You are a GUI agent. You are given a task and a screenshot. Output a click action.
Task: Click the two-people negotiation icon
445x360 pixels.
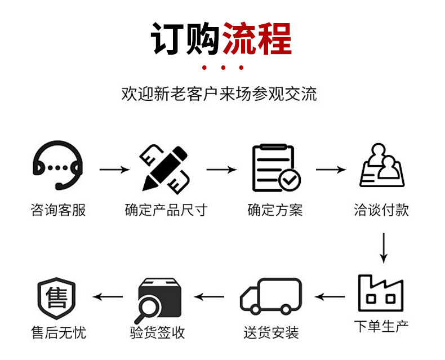pyautogui.click(x=382, y=166)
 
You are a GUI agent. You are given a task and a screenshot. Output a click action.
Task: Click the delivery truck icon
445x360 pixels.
pyautogui.click(x=270, y=296)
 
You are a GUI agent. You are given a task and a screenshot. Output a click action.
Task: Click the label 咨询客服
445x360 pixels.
pyautogui.click(x=58, y=211)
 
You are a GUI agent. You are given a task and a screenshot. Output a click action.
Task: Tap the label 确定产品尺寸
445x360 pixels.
pyautogui.click(x=166, y=211)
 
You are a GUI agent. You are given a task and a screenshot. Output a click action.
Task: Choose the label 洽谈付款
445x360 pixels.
pyautogui.click(x=381, y=211)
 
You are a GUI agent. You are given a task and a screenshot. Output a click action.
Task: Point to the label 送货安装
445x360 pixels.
pyautogui.click(x=271, y=332)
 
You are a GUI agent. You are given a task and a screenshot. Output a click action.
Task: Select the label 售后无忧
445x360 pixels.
pyautogui.click(x=58, y=332)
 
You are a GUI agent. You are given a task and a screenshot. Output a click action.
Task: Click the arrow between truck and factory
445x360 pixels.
pyautogui.click(x=330, y=296)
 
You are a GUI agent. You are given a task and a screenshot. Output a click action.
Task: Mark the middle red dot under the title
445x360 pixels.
pyautogui.click(x=223, y=68)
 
